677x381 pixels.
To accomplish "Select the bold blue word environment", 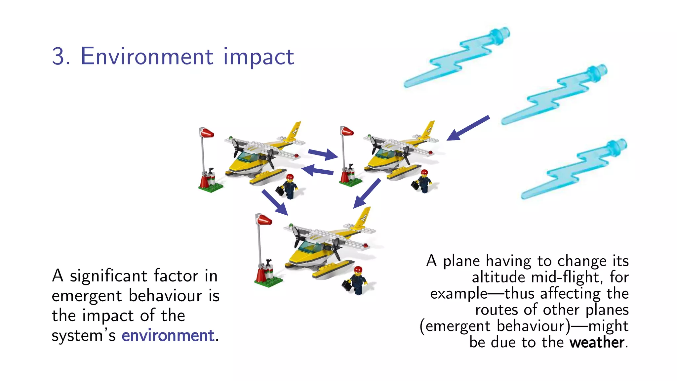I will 168,335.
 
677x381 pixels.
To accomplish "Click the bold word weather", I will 597,342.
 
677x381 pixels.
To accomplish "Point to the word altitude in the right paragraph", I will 498,277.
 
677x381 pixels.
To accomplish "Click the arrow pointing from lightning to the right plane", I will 467,128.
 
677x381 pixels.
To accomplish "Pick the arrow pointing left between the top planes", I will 317,171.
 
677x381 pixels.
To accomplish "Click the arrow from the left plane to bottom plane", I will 275,202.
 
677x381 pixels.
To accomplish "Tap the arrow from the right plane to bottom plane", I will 367,194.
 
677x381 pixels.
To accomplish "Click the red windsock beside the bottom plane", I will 264,220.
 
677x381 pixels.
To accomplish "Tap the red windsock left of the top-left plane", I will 207,133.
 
